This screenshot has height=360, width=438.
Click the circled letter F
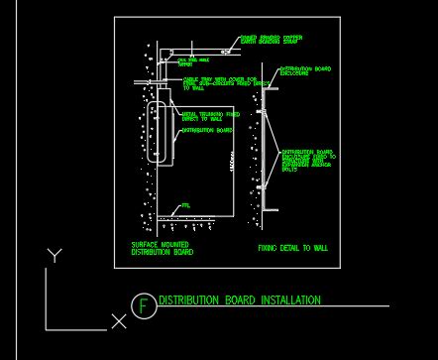[x=145, y=305]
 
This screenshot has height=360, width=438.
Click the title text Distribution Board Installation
[x=240, y=300]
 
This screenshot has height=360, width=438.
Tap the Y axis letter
[x=54, y=256]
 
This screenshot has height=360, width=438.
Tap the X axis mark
[x=119, y=321]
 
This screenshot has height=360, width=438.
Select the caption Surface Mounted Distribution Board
[x=162, y=248]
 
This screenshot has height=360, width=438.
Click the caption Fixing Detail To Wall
[x=292, y=248]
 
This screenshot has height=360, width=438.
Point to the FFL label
[x=184, y=206]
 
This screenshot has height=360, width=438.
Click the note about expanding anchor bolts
[x=307, y=160]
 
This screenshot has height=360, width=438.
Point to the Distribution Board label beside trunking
[x=208, y=130]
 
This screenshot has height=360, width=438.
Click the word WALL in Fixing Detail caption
[x=320, y=248]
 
